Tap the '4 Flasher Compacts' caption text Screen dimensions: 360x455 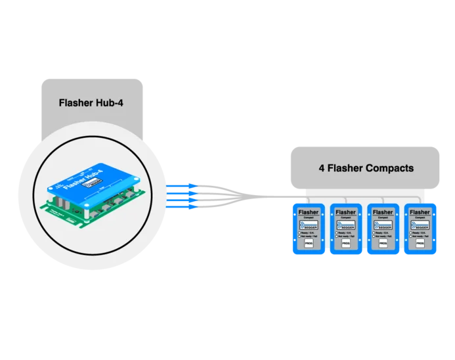[366, 168]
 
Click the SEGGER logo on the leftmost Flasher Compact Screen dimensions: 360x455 [309, 225]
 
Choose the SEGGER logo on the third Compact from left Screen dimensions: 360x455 [382, 225]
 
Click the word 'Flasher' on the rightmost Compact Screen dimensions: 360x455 [419, 212]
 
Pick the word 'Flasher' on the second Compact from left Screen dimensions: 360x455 [345, 212]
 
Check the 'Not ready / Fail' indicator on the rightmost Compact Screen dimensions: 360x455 [419, 236]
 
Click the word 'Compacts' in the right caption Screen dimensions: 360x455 [389, 168]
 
